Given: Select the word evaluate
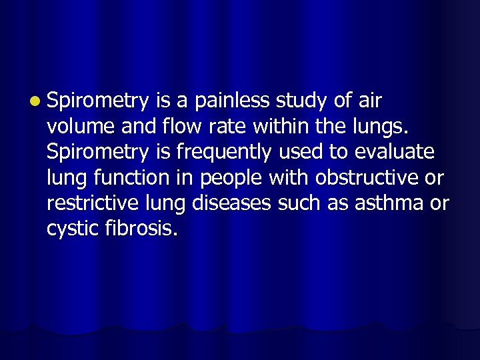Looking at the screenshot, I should (x=394, y=153).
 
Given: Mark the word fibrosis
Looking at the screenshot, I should (x=141, y=229).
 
